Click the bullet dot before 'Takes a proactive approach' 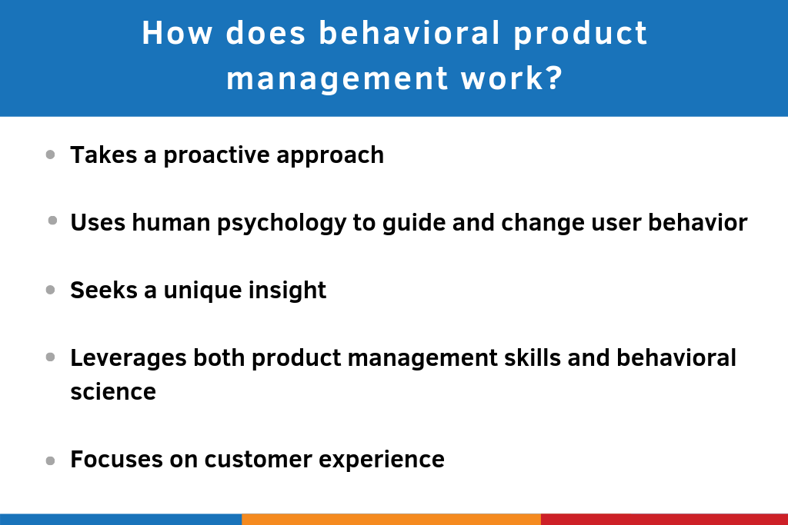[x=50, y=155]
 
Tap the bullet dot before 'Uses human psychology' [x=52, y=221]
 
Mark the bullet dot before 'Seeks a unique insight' [x=50, y=290]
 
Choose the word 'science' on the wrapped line [x=113, y=391]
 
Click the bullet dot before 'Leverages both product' [x=50, y=357]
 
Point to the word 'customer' [x=247, y=459]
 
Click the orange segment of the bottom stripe [x=391, y=519]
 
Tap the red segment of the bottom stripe [x=664, y=519]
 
